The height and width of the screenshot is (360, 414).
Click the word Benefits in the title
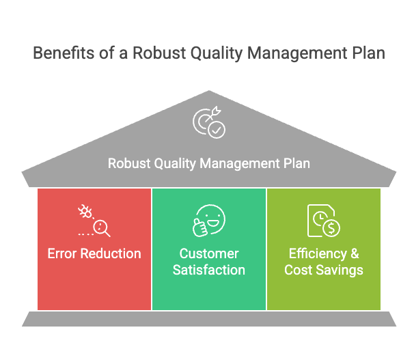[x=64, y=53]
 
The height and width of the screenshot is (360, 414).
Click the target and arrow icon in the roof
[x=209, y=122]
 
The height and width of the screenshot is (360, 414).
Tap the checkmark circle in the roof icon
[x=217, y=130]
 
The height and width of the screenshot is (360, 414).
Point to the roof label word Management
[x=240, y=163]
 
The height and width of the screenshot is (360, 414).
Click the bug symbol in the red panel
[x=85, y=211]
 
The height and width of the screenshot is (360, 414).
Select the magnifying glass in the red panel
[x=101, y=228]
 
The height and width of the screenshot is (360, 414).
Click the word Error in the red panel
[x=62, y=253]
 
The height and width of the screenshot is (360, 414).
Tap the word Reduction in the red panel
[x=111, y=253]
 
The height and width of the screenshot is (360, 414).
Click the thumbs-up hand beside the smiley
[x=200, y=227]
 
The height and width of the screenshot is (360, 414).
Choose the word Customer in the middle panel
[x=209, y=253]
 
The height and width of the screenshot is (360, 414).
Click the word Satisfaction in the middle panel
[x=209, y=270]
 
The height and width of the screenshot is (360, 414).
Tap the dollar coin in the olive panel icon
[x=331, y=227]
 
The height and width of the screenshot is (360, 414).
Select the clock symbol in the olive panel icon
[x=320, y=219]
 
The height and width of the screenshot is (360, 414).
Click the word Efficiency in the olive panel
[x=318, y=254]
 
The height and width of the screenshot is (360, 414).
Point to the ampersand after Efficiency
[x=355, y=253]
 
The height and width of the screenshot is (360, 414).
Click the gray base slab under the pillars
[x=209, y=319]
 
